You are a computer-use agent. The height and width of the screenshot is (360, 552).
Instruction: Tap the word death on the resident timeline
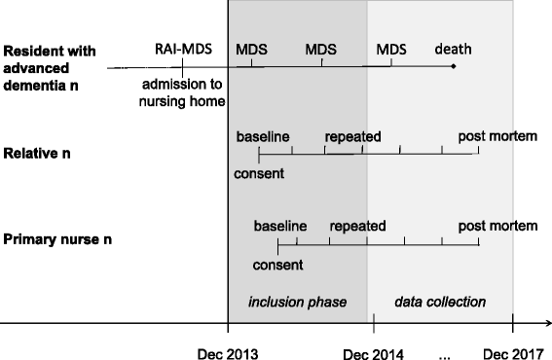(452, 48)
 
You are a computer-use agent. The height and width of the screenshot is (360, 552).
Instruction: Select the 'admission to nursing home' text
(182, 91)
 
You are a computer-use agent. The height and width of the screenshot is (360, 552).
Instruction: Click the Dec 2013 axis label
(228, 353)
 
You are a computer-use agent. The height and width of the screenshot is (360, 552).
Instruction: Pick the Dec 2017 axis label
(512, 353)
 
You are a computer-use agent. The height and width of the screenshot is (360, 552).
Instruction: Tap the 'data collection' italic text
(440, 302)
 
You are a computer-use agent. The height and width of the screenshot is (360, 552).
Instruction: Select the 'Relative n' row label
(39, 154)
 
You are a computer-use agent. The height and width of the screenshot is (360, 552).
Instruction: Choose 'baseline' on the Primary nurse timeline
(280, 226)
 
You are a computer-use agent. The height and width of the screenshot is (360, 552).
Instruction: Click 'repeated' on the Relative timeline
(352, 135)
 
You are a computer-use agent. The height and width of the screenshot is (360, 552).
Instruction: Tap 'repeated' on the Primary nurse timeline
(358, 226)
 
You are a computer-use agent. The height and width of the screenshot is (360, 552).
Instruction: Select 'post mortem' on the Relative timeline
(499, 135)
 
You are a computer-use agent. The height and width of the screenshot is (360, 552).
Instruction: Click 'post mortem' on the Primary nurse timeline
(499, 226)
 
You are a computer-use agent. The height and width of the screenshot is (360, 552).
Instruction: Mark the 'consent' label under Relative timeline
(259, 174)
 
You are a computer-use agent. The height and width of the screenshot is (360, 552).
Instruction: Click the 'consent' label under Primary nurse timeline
(277, 264)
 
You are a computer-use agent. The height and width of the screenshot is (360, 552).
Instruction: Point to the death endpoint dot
(454, 66)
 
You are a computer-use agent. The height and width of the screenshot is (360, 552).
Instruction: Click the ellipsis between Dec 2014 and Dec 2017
(445, 356)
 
